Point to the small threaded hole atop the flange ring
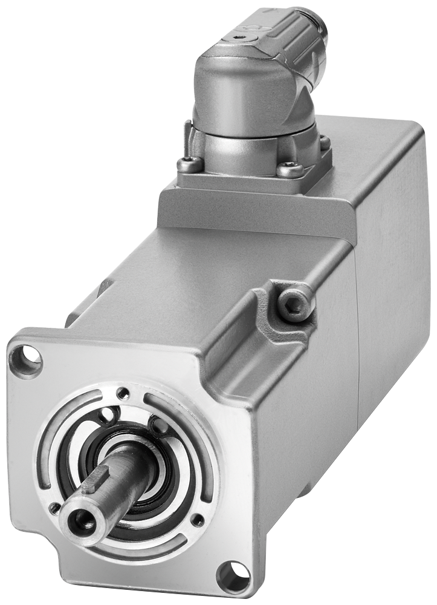[123, 393]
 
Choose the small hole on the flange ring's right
[196, 519]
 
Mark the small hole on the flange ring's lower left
[54, 508]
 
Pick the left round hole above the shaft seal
[108, 415]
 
